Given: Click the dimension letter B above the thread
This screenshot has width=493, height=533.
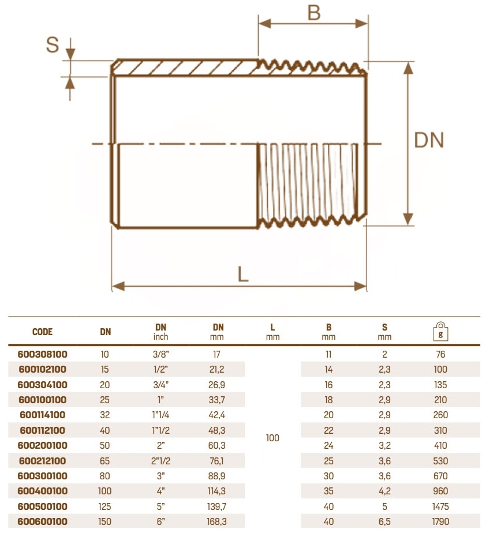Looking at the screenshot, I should click(313, 12).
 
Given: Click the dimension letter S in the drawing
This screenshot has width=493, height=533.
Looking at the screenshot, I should click(53, 45).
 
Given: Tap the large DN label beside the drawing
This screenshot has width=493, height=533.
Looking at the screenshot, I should click(429, 140).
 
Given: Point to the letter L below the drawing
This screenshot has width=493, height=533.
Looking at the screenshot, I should click(244, 273).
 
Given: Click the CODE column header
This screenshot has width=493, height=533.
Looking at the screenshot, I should click(43, 332).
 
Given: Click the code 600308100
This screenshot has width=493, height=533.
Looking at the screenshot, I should click(43, 355).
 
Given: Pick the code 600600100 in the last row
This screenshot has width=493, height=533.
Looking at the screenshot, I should click(43, 522).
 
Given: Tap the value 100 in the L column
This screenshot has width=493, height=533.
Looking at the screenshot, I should click(272, 438).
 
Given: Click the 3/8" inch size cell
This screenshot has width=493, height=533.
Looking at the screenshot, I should click(161, 355).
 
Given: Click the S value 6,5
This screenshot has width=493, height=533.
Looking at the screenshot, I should click(384, 522).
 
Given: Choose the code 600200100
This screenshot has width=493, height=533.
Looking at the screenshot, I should click(43, 446).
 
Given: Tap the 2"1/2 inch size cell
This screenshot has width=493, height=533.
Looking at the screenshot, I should click(161, 461).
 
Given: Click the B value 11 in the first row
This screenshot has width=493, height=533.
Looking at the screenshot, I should click(328, 355).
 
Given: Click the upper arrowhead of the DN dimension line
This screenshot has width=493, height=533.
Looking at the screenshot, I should click(408, 67).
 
